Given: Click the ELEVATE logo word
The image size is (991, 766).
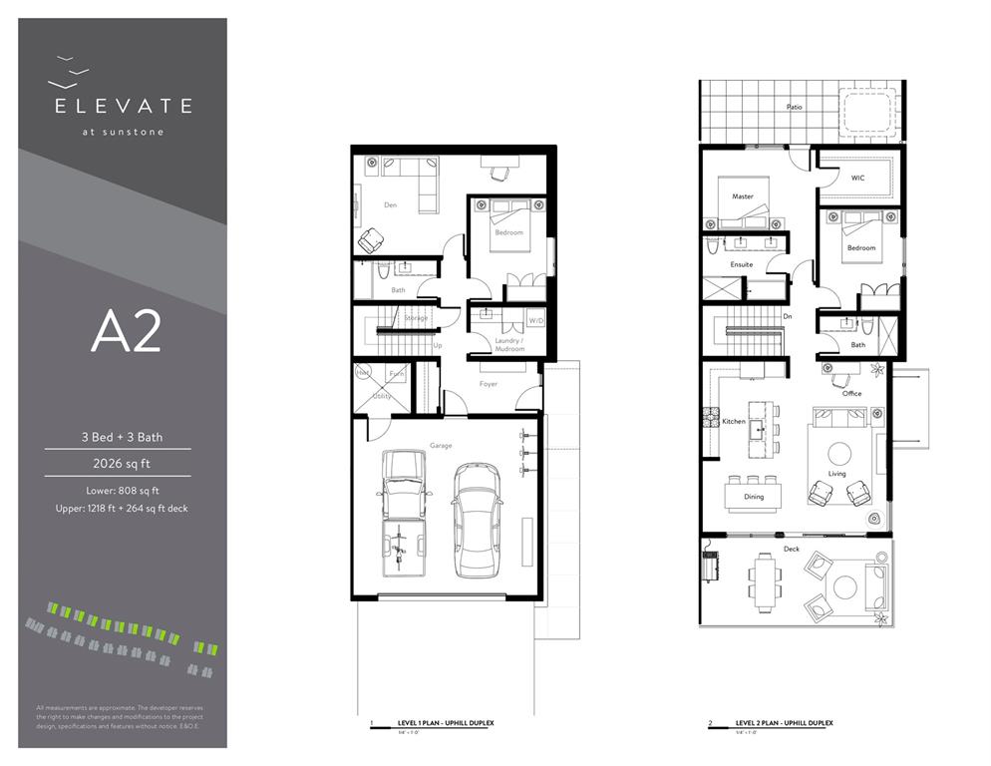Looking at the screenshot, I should tap(123, 106).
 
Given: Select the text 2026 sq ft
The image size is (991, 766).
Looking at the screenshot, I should tap(123, 463).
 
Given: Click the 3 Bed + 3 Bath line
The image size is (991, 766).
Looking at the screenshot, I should tap(123, 437).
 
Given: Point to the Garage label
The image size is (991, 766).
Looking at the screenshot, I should tap(441, 445).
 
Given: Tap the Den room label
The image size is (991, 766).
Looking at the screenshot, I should tap(391, 205).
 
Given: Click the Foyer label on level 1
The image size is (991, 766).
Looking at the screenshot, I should tap(488, 383).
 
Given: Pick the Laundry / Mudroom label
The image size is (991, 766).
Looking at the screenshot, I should tap(509, 345).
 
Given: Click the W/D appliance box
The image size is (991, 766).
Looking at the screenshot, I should tap(536, 320).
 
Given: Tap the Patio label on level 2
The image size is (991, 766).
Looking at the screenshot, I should tap(793, 106).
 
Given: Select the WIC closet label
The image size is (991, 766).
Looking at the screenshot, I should tap(857, 180).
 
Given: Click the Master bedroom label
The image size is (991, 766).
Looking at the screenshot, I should tap(742, 196).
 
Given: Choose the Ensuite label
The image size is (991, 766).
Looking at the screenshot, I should tap(741, 264).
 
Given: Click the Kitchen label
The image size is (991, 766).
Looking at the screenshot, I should tap(734, 421).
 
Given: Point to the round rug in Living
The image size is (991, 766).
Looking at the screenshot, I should tap(835, 451).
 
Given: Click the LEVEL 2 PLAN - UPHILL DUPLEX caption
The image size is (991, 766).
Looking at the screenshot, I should tap(784, 722).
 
